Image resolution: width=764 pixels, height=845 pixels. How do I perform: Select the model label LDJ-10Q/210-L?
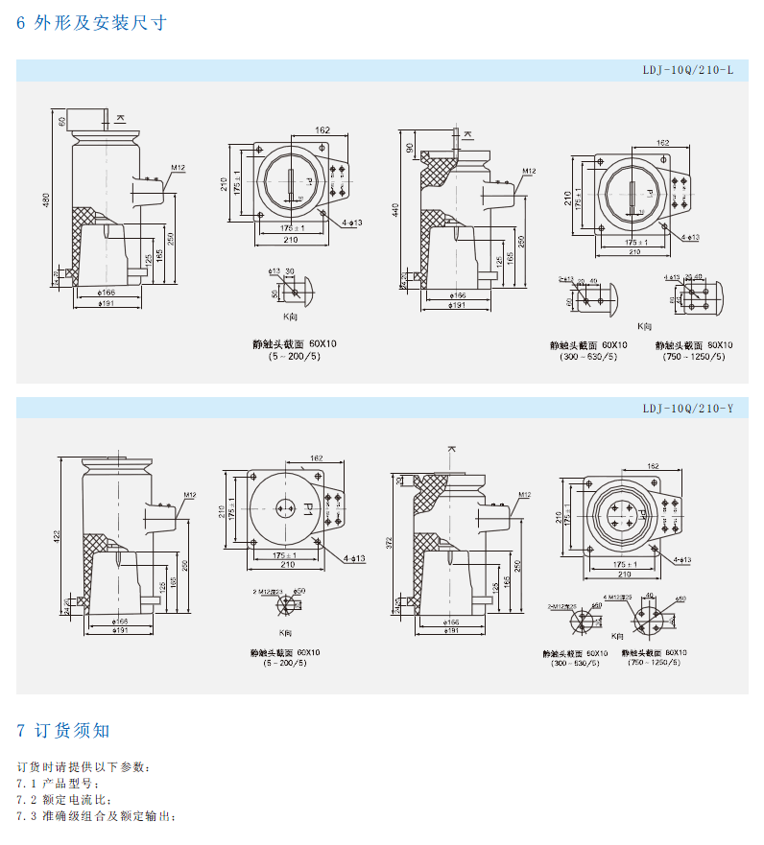click(687, 70)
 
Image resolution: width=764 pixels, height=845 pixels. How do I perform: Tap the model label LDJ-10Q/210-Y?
click(687, 409)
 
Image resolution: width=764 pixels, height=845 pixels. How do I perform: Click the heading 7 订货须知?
click(63, 731)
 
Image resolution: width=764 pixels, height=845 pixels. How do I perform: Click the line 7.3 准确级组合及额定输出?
click(97, 816)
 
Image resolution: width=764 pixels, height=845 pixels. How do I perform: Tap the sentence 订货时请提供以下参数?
click(84, 767)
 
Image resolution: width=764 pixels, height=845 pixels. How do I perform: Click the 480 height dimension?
click(44, 200)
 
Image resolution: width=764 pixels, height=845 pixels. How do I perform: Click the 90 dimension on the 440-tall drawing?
click(409, 147)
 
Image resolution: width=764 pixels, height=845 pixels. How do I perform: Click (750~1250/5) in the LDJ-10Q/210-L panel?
click(694, 357)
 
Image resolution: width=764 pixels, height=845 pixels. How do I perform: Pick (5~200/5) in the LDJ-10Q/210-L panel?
click(295, 356)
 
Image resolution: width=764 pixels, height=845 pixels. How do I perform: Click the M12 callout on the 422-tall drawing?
click(189, 495)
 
